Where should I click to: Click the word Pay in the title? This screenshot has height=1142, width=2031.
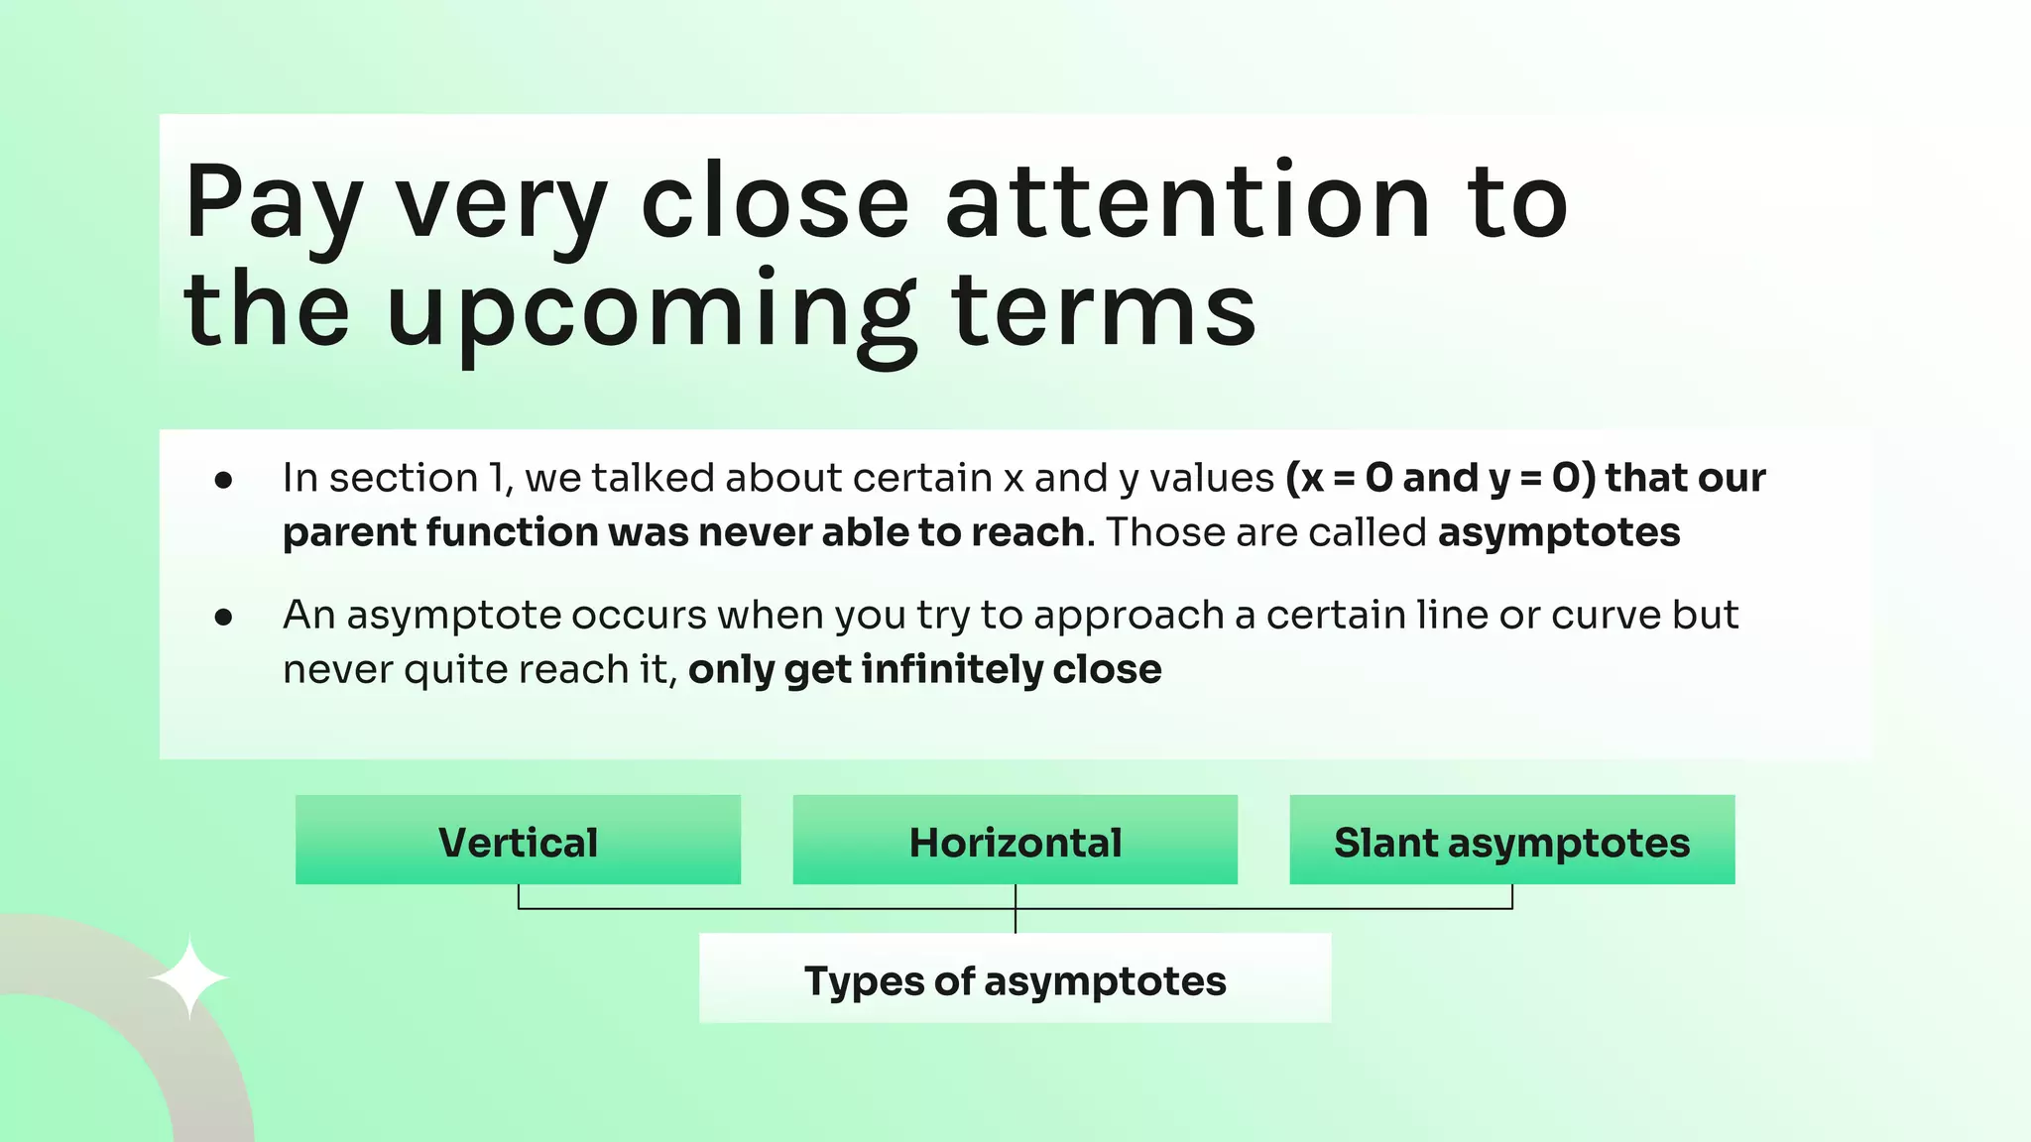tap(273, 203)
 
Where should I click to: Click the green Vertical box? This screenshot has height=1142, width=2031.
tap(518, 841)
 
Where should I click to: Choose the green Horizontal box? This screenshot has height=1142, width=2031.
tap(1015, 841)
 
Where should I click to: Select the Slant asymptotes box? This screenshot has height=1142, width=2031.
tap(1511, 841)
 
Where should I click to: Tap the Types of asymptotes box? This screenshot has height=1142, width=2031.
tap(1015, 979)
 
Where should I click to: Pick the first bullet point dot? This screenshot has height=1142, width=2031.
tap(224, 481)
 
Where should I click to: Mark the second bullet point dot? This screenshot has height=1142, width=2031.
tap(224, 618)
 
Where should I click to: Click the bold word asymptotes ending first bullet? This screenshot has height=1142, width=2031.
tap(1559, 533)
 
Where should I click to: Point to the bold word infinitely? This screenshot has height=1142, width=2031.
tap(952, 669)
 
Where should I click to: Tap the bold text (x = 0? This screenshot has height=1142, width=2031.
tap(1340, 478)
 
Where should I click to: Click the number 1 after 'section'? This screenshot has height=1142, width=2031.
tap(496, 478)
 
